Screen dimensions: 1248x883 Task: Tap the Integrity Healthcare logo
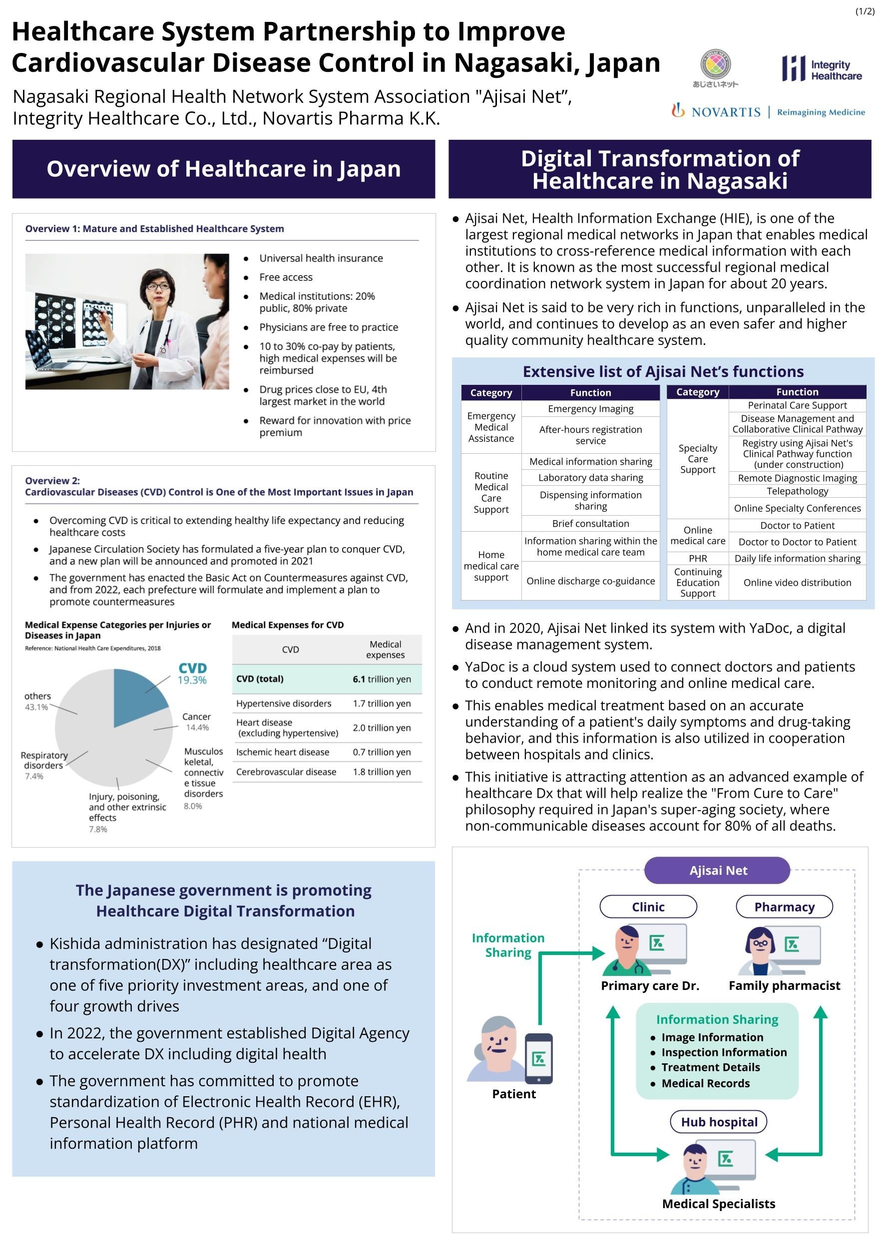[822, 69]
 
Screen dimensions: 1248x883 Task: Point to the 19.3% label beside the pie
[192, 680]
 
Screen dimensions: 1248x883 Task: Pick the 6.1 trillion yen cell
[382, 679]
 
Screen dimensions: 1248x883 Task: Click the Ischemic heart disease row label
[283, 752]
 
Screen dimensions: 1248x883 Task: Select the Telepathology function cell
[797, 491]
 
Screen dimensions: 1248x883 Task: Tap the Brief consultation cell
[590, 524]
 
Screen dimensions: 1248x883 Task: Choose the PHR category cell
[698, 558]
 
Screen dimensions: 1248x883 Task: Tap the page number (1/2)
[865, 11]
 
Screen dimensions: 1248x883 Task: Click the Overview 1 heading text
[154, 229]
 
